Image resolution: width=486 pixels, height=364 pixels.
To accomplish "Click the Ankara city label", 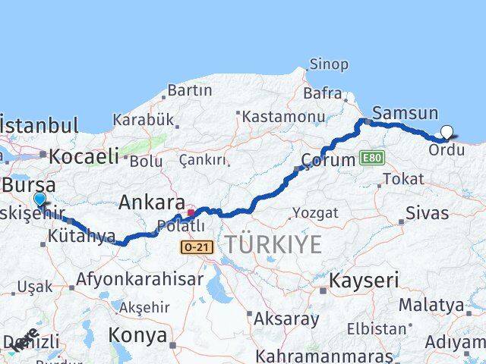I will (151, 202).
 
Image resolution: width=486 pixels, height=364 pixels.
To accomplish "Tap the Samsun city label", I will (406, 114).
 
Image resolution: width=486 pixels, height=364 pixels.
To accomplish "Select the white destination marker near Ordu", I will (447, 132).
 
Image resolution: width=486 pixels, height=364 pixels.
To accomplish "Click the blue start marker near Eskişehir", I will (39, 199).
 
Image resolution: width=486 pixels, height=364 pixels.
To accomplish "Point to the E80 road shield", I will (372, 158).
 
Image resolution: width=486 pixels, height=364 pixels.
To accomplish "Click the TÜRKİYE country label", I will (272, 244).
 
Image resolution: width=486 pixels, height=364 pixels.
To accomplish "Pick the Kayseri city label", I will (363, 281).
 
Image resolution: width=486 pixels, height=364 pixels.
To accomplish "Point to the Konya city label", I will (137, 334).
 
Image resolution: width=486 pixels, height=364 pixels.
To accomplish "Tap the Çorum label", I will (329, 160).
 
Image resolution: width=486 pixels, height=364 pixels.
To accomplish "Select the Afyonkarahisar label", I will (140, 279).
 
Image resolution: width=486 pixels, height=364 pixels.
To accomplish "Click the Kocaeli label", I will (84, 157).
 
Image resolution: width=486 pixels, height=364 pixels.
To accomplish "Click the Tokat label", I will (403, 179).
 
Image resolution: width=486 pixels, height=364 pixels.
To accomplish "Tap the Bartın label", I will (189, 90).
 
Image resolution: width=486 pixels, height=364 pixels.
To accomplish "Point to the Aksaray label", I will (287, 318).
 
